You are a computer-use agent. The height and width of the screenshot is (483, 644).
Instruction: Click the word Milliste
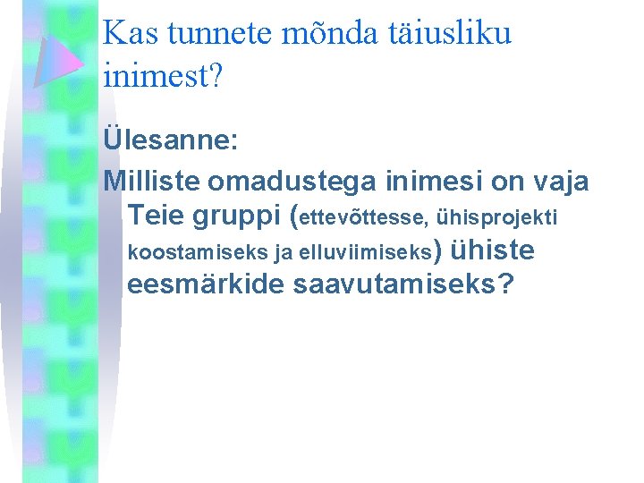pos(152,182)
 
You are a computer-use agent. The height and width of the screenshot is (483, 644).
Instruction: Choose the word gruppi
pos(234,216)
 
